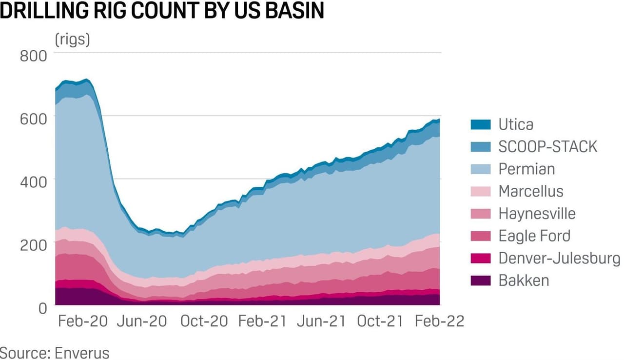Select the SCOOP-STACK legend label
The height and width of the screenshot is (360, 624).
point(547,146)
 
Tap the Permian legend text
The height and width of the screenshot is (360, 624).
point(526,169)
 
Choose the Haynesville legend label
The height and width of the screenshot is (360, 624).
point(537,214)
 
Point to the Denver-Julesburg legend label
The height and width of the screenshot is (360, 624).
point(559,258)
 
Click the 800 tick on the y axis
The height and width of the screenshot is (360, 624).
point(33,56)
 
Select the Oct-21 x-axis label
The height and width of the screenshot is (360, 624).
point(380,321)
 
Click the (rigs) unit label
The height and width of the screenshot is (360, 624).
point(72,40)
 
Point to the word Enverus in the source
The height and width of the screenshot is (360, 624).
point(82,352)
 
